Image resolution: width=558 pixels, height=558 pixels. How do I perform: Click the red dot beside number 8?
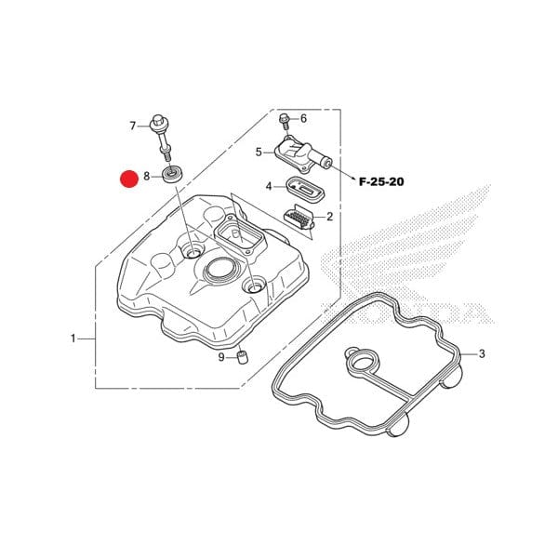128,178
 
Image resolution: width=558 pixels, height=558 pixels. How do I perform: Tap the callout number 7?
132,126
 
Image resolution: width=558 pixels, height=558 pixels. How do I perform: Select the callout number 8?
147,176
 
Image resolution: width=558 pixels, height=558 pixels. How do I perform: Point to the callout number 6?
302,118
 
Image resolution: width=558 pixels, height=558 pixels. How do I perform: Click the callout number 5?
259,152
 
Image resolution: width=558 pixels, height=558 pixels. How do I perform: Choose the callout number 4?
269,186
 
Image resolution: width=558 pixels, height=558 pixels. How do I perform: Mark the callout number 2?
329,216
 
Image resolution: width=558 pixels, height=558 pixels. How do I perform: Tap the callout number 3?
482,354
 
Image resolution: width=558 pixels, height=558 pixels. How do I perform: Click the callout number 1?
73,339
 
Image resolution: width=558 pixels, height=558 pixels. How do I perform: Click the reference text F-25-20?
381,182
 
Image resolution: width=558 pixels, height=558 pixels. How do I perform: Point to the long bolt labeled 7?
165,137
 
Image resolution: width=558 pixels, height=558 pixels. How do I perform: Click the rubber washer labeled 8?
172,175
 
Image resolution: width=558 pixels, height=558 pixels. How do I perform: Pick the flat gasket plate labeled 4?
302,187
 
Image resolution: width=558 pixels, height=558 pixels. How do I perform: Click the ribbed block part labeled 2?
299,218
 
